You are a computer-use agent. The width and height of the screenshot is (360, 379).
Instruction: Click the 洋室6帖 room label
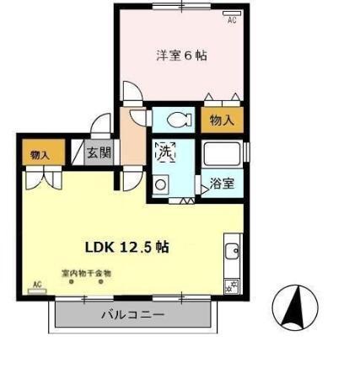[x=182, y=56]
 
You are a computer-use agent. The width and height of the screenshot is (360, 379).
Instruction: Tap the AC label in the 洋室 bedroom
[x=231, y=23]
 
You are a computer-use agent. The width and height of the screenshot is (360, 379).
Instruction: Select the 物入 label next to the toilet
[x=222, y=120]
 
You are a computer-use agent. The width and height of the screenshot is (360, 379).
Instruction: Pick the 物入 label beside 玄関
[x=40, y=155]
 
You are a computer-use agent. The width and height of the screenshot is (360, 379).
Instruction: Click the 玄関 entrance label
[x=99, y=154]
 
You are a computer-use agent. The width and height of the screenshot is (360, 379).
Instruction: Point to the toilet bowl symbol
[x=176, y=118]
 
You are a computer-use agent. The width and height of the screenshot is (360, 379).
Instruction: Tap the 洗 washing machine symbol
[x=165, y=152]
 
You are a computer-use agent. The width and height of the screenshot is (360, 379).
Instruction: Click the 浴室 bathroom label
[x=223, y=183]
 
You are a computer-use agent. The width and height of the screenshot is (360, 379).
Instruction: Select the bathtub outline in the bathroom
[x=223, y=156]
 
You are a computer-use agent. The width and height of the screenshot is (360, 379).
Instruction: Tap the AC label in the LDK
[x=37, y=284]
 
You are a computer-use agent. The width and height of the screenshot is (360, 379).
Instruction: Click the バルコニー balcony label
[x=132, y=315]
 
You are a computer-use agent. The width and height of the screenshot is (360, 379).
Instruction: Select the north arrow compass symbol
[x=295, y=307]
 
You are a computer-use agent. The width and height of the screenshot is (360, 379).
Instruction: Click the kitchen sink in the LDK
[x=232, y=250]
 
